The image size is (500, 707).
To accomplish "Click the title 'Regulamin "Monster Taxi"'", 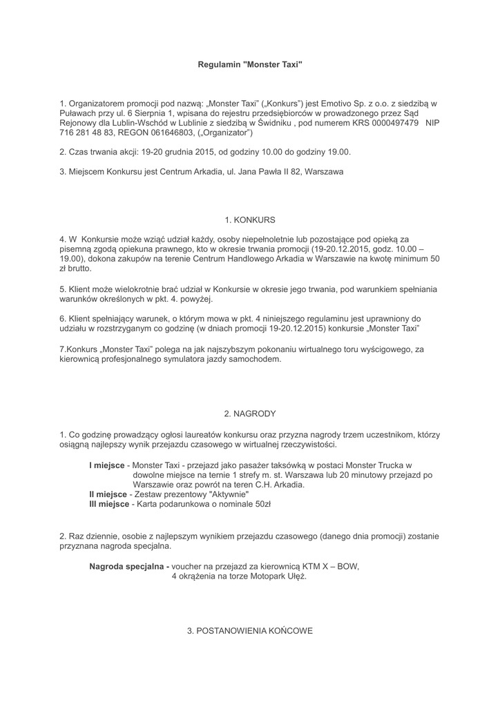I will [250, 64].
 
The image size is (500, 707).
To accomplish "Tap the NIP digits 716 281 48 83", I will [87, 132].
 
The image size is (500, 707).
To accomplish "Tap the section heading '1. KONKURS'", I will [250, 220].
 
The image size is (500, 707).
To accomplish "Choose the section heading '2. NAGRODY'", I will [250, 414].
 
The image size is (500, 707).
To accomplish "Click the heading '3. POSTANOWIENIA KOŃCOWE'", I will [250, 631].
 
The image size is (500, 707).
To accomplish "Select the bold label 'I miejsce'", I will [107, 465].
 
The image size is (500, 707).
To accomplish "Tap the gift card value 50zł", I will [260, 504].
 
